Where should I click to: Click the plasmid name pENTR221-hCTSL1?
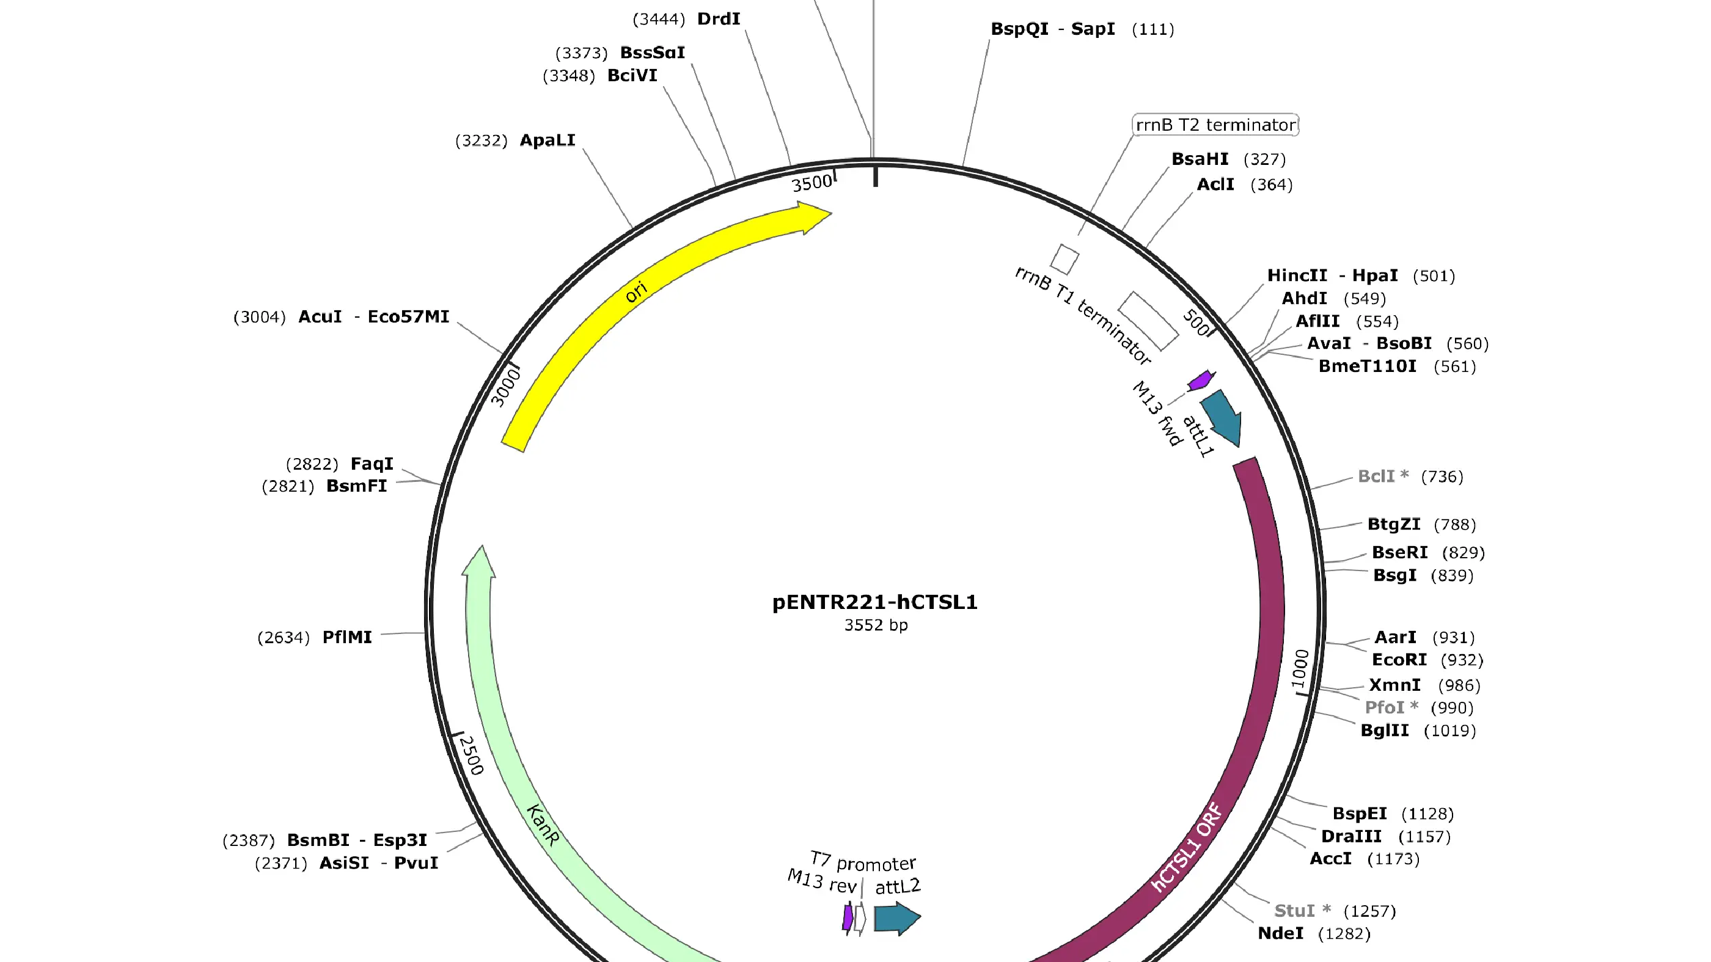[875, 602]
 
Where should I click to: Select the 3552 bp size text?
[876, 625]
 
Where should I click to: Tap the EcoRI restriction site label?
[1399, 660]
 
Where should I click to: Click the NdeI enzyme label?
[1281, 933]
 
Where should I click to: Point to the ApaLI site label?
[548, 140]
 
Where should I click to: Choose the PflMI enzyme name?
[346, 637]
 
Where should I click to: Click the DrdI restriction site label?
[719, 18]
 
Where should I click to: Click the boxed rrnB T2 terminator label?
[1215, 125]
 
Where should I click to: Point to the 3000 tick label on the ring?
[505, 388]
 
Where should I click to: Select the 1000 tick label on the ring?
[1300, 669]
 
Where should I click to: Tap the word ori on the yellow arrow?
[636, 291]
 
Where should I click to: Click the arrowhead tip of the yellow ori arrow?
[832, 214]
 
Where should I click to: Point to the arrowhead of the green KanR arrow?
[480, 561]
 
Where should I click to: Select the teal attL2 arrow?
[897, 919]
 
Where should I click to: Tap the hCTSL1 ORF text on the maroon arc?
[1186, 847]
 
